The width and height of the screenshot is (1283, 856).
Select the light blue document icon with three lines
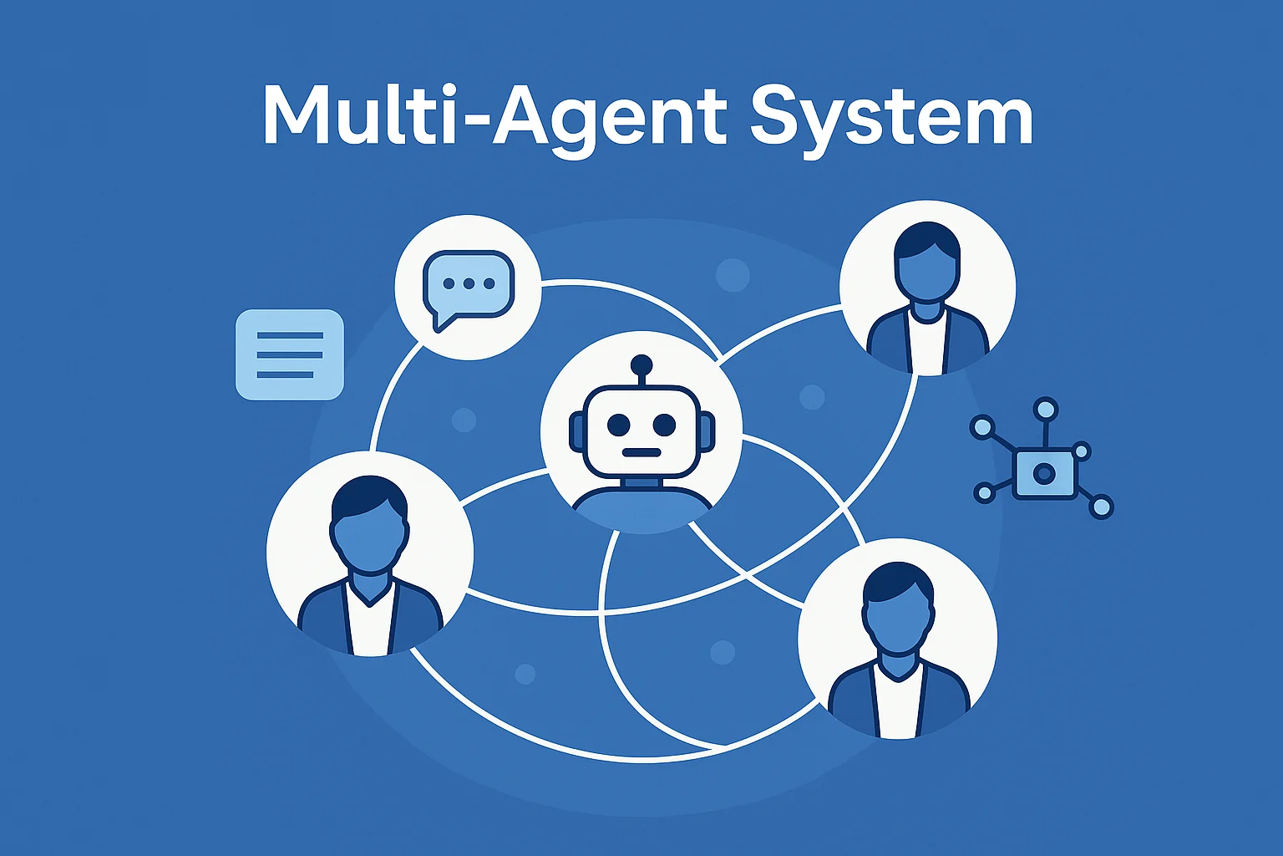pos(290,354)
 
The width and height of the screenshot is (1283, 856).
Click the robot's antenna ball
pos(641,364)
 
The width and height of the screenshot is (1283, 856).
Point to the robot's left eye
pos(619,425)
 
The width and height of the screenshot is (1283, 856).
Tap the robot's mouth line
pos(641,452)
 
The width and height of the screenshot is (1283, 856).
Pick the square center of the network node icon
pos(1043,474)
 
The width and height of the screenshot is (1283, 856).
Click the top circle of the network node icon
pos(1045,410)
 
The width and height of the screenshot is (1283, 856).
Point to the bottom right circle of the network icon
pos(1102,507)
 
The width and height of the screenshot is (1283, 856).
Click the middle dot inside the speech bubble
pos(469,284)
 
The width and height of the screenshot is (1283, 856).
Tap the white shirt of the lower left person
pos(370,623)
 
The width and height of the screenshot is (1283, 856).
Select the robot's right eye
pos(664,425)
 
